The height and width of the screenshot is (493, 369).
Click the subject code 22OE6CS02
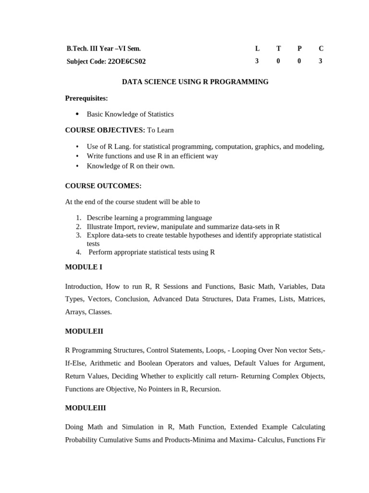(x=127, y=61)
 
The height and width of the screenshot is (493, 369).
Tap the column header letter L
(x=258, y=49)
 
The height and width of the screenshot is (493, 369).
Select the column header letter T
(x=279, y=49)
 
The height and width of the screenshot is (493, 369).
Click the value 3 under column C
(x=320, y=61)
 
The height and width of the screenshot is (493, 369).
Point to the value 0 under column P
(x=299, y=61)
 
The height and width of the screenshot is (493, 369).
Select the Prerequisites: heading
(x=86, y=98)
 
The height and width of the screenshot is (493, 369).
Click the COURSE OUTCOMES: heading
(x=103, y=185)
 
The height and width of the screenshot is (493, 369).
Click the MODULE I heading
(x=84, y=267)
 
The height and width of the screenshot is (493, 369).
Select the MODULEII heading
(x=84, y=331)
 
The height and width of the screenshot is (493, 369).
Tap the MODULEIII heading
(x=86, y=408)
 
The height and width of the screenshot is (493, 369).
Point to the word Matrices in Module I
(x=311, y=299)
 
